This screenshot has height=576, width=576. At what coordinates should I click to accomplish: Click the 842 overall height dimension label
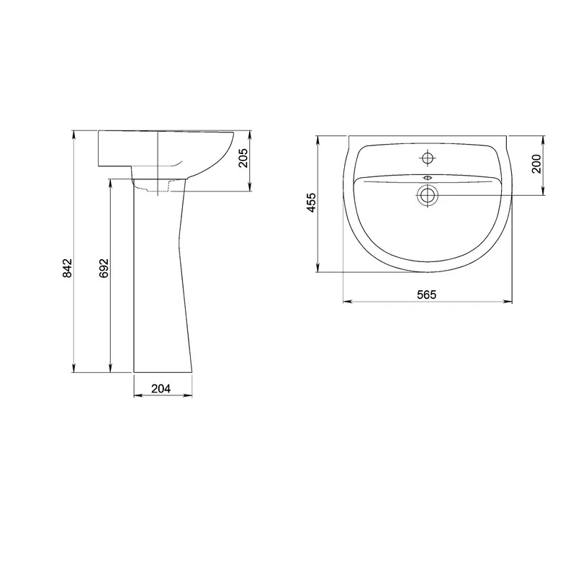(x=68, y=268)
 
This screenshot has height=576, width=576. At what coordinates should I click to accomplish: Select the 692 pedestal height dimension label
(x=104, y=268)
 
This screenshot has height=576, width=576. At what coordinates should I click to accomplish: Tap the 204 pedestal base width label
(x=161, y=388)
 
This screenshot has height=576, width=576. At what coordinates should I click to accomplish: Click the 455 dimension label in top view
(x=311, y=202)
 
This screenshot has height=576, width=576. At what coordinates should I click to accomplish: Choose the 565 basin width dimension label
(x=426, y=294)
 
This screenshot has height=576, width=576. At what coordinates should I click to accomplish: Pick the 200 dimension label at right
(x=536, y=164)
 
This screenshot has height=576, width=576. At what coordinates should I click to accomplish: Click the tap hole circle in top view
(x=427, y=158)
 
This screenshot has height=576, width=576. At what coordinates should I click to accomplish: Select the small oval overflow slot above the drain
(x=428, y=178)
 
